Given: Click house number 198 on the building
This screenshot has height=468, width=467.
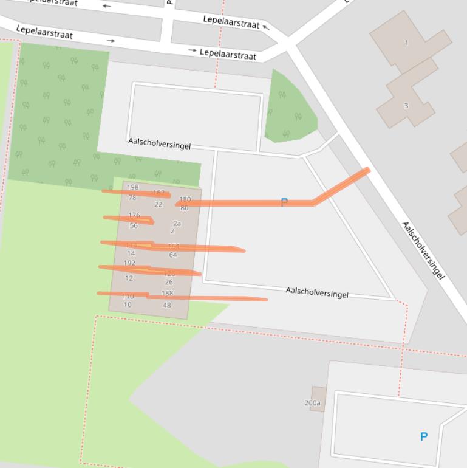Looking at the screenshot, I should click(132, 187).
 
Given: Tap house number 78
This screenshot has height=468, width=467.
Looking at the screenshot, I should click(132, 198).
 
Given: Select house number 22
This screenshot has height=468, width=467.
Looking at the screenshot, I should click(158, 205).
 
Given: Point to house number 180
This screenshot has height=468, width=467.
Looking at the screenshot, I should click(185, 199).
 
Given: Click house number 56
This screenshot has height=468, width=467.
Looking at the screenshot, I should click(134, 225).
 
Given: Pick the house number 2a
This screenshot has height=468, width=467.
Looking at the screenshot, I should click(177, 223).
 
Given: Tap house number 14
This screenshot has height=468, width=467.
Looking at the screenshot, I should click(131, 253).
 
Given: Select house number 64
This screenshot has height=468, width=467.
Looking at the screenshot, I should click(173, 255).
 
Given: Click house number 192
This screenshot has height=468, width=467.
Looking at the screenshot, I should click(129, 263).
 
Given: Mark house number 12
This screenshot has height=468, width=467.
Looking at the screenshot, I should click(129, 278).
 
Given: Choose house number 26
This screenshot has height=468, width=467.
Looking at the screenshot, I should click(169, 282).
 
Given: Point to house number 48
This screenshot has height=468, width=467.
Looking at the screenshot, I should click(167, 305).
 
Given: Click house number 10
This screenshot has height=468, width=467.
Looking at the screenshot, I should click(128, 305).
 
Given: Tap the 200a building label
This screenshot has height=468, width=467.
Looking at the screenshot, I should click(312, 402).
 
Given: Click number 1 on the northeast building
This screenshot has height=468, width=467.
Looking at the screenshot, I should click(407, 43).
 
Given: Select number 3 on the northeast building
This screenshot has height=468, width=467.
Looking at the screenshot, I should click(406, 106).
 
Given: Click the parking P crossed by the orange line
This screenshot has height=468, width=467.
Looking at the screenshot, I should click(284, 202).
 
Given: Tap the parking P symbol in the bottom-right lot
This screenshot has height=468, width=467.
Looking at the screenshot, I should click(424, 436).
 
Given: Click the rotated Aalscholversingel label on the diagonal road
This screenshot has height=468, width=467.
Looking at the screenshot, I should click(423, 250).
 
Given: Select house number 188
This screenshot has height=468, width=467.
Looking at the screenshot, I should click(167, 293).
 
